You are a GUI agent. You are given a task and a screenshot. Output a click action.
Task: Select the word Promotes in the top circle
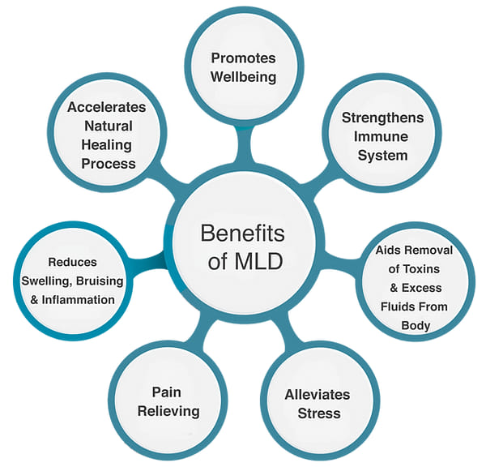243,58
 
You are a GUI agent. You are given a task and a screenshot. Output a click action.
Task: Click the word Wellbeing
243,78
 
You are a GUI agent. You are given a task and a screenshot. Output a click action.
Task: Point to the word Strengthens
382,118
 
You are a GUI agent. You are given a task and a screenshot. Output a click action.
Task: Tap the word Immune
382,137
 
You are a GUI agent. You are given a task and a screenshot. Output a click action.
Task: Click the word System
382,156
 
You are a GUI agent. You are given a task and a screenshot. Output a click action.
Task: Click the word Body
415,326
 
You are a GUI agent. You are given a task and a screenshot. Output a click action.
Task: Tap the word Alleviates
317,395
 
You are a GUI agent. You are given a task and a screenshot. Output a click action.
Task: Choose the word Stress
317,413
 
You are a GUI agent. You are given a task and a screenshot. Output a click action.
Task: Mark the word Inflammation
79,299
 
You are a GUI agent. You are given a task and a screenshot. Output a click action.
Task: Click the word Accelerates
106,107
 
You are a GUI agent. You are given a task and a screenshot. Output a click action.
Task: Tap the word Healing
108,145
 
